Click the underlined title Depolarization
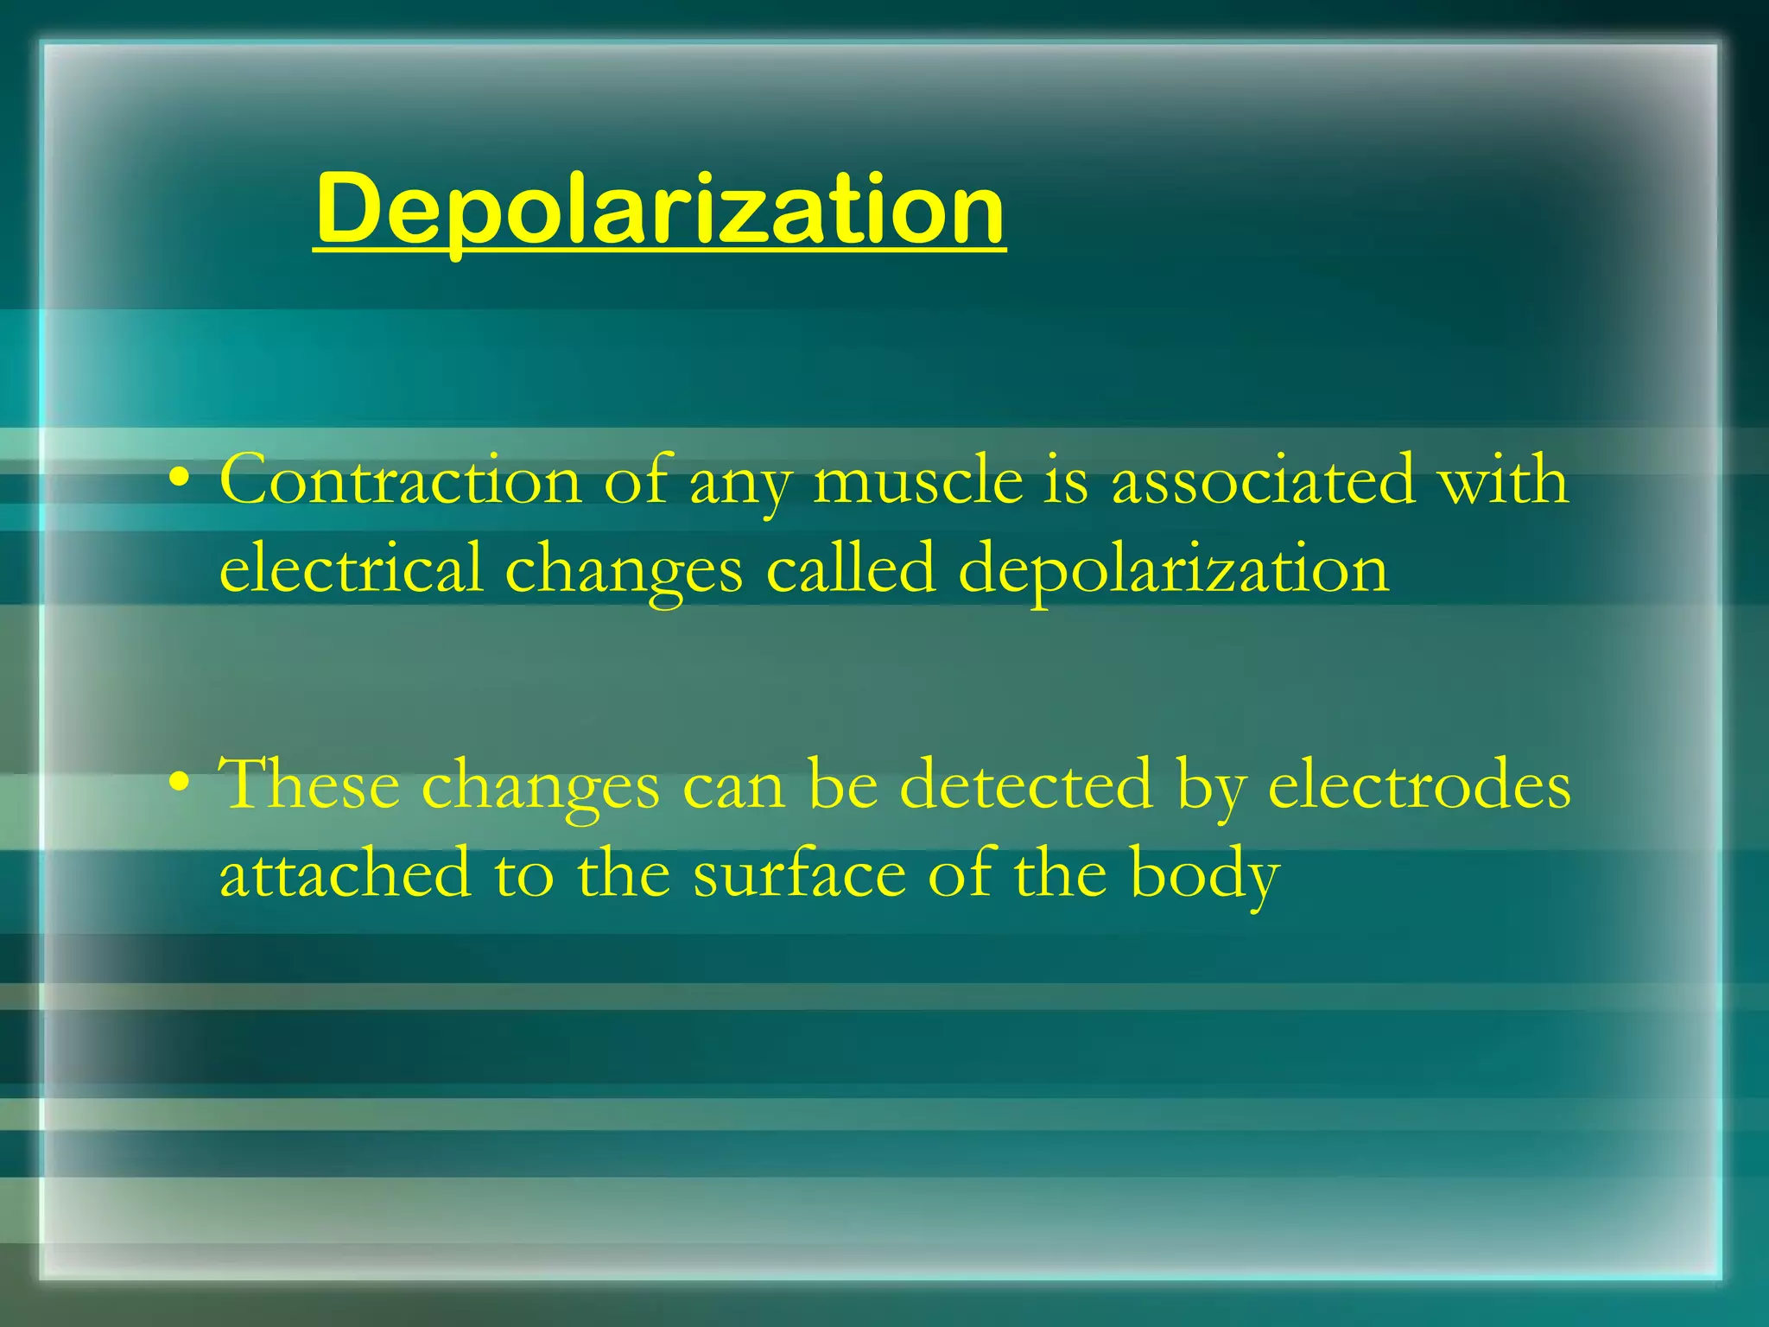660,209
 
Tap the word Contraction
400,480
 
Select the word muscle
917,480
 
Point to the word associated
1263,480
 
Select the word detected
1025,784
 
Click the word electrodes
1418,784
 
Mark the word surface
799,874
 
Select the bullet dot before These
179,783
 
